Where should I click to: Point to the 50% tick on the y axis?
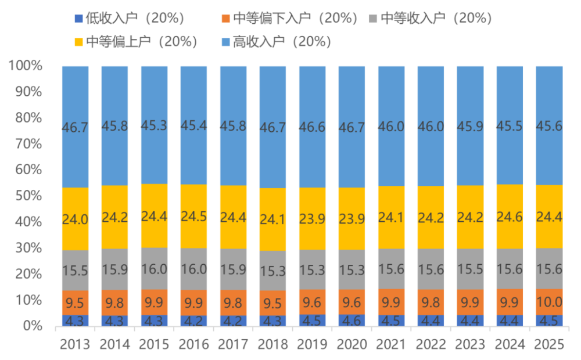[x=26, y=196]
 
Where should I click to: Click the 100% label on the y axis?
[x=26, y=66]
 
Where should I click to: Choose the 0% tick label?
[x=33, y=326]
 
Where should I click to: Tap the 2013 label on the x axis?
[x=75, y=345]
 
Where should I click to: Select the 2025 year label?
[x=549, y=345]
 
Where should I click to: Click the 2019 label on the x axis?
[x=312, y=345]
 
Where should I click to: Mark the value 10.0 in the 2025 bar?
[x=549, y=302]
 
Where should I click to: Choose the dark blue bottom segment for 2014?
[x=114, y=321]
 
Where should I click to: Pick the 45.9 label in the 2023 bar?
[x=470, y=127]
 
